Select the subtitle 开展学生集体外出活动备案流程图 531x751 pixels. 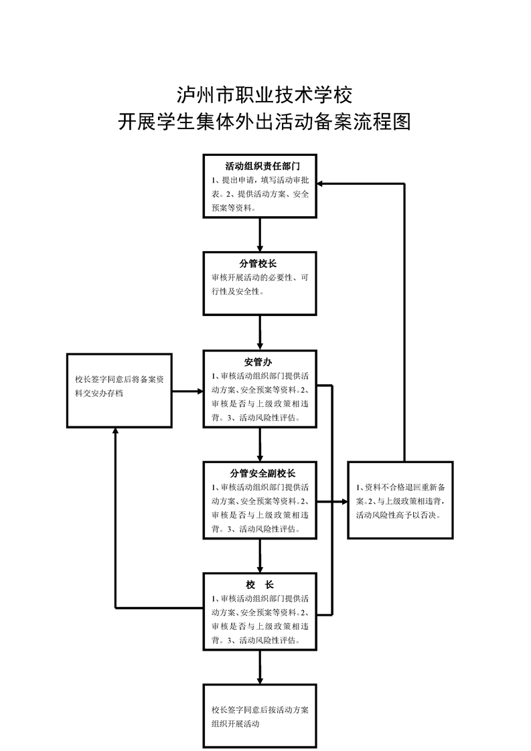[264, 122]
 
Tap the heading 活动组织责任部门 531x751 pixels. [260, 166]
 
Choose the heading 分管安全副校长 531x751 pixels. [260, 473]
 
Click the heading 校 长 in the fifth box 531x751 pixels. [260, 584]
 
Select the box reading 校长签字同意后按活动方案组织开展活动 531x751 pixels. [260, 716]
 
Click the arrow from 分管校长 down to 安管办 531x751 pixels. [260, 332]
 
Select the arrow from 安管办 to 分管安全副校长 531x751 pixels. [260, 443]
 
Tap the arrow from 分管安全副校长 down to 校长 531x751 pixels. [260, 554]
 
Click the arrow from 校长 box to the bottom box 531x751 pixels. [260, 665]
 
